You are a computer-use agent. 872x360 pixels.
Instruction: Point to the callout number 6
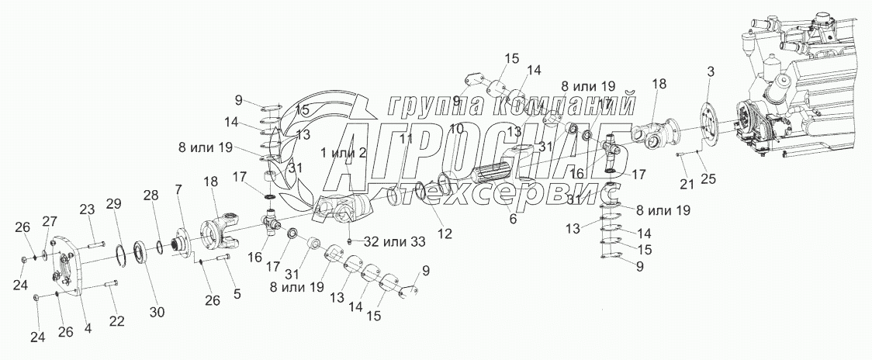point(511,220)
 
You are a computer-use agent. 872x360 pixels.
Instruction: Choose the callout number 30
point(157,312)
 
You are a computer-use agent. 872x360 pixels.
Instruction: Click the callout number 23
point(86,209)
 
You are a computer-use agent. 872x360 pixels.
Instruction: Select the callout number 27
point(49,221)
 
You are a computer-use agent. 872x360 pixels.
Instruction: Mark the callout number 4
point(87,328)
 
